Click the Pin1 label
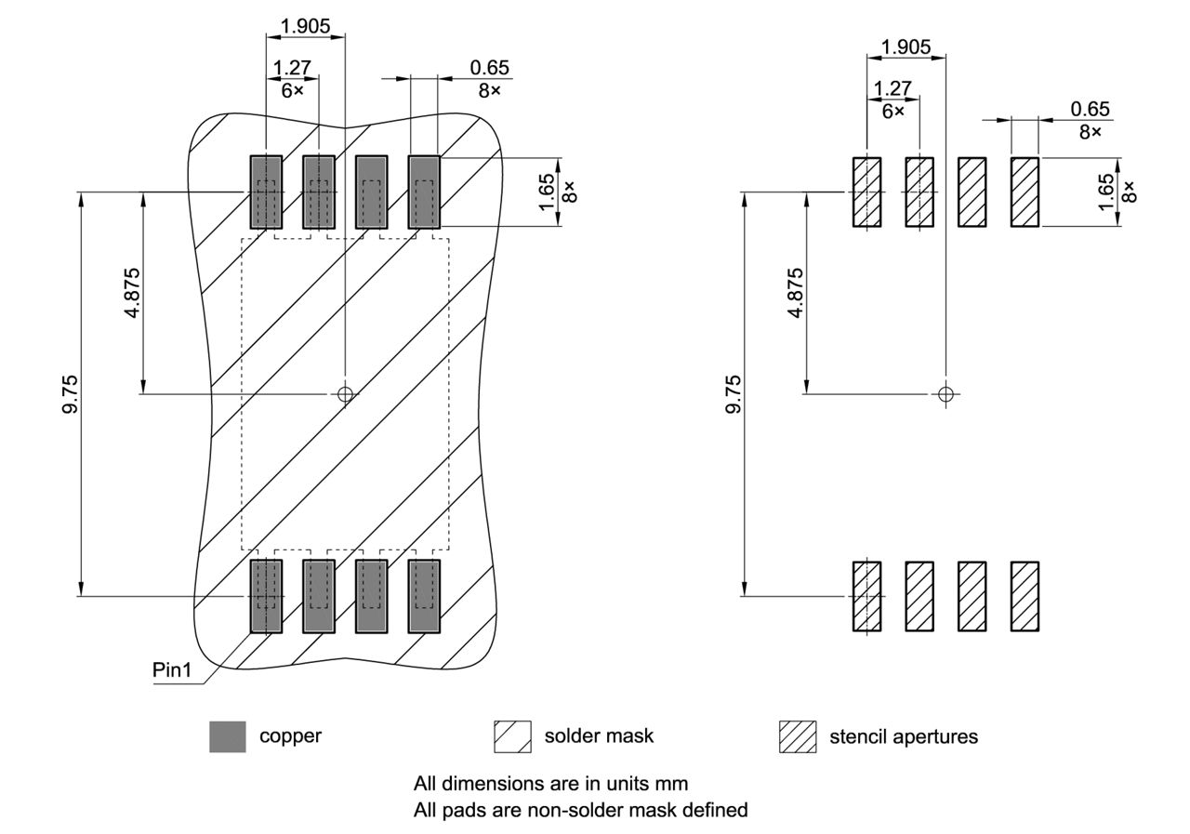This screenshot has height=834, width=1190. (172, 670)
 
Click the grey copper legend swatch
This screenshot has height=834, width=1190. (228, 736)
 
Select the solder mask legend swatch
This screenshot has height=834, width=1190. (512, 736)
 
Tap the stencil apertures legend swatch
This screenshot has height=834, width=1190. (797, 736)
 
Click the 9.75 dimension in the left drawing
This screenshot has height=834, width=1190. (70, 394)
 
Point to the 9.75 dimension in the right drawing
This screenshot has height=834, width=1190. (734, 394)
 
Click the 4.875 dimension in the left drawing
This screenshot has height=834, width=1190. (133, 293)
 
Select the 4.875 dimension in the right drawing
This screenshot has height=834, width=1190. (795, 293)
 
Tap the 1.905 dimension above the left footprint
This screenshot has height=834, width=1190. (305, 26)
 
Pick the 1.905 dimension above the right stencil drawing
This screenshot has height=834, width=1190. (906, 46)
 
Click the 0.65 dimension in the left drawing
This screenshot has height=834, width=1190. (490, 69)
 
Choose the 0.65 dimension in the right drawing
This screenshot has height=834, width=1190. (1090, 110)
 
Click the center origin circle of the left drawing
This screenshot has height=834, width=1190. (345, 394)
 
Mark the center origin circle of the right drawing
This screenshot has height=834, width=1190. (945, 394)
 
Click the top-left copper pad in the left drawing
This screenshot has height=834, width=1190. (266, 192)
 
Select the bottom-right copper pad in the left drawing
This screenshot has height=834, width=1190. (424, 596)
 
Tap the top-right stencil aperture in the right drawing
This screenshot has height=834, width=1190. (1025, 192)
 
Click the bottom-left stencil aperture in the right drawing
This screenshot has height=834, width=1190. (866, 596)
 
